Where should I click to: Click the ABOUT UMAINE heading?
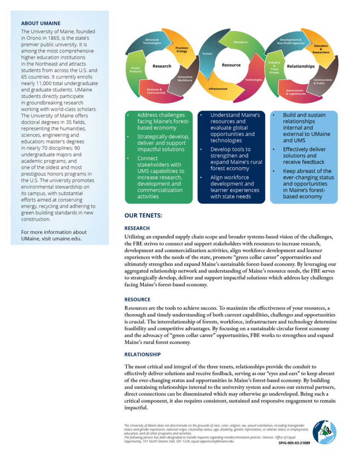pos(41,23)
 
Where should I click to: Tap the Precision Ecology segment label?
pos(182,50)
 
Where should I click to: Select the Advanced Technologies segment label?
pos(152,41)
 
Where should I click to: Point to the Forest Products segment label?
pos(136,70)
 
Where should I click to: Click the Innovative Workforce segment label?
pos(185,79)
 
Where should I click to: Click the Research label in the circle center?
pos(162,66)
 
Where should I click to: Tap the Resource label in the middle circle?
pos(231,65)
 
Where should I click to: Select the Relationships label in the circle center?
pos(301,66)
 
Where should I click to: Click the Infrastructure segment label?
pos(218,89)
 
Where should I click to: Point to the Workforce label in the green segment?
pos(241,42)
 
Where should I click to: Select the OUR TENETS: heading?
pos(143,216)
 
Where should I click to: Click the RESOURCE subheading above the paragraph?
pos(137,300)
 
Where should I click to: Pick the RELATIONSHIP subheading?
pos(143,354)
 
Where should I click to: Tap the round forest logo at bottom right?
pos(324,432)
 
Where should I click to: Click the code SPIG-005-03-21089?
pos(294,443)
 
